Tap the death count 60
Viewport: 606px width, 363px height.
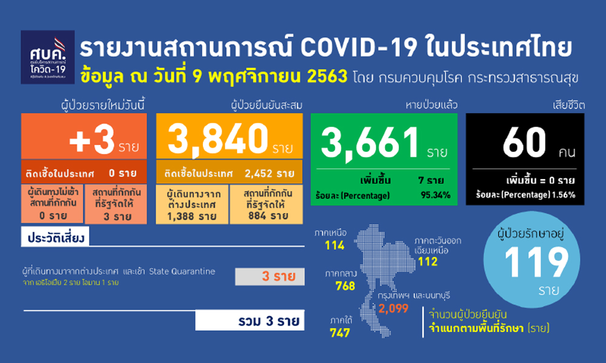coord(523,143)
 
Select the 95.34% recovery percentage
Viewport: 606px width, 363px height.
coord(433,195)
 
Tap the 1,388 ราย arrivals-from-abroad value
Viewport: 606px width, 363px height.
coord(191,216)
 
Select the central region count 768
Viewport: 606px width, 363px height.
coord(344,286)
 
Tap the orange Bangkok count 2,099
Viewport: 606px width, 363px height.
coord(394,309)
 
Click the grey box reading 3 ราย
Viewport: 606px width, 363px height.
coord(268,277)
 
